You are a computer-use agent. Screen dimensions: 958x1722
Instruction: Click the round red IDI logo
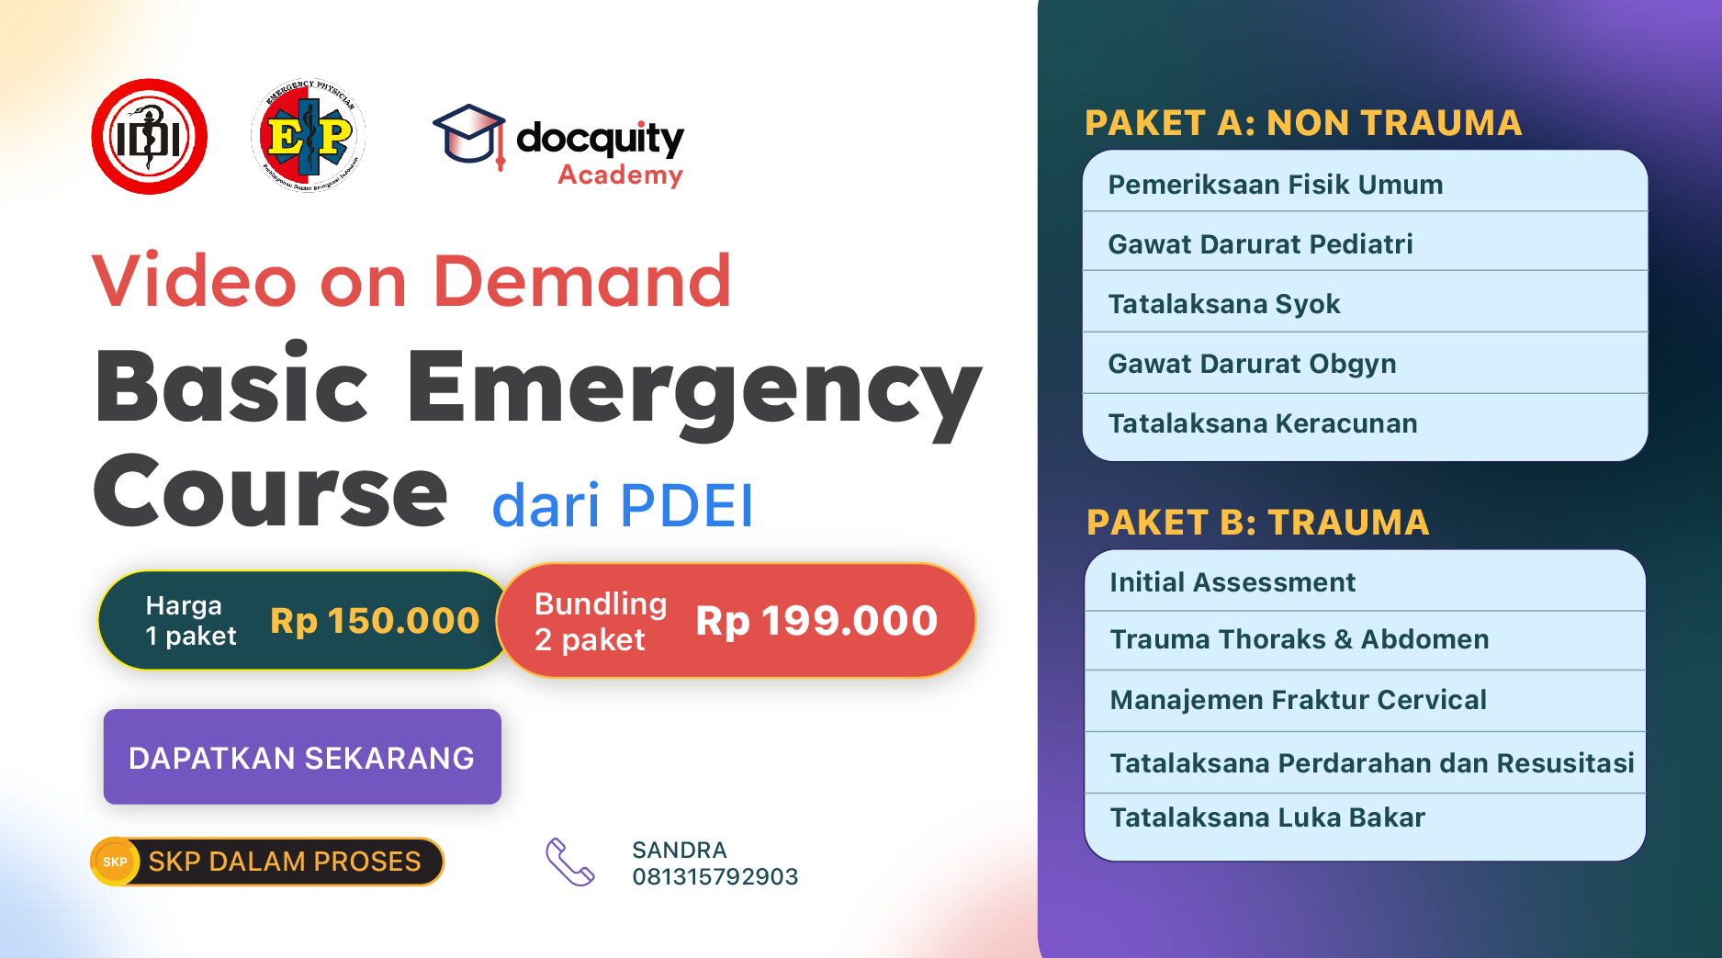[149, 137]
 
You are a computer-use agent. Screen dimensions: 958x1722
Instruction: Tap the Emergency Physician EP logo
[309, 136]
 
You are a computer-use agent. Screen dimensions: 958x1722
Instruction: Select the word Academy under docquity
[620, 175]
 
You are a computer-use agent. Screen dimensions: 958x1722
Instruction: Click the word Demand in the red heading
[581, 281]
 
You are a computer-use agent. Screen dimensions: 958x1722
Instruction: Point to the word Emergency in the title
[693, 388]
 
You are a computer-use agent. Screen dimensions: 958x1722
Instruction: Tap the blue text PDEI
[686, 505]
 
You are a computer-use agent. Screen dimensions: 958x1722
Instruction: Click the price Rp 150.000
[375, 621]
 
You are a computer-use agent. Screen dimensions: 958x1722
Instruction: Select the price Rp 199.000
[816, 621]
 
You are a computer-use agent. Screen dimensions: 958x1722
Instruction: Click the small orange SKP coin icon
[115, 862]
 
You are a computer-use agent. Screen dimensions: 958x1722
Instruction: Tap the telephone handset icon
[570, 862]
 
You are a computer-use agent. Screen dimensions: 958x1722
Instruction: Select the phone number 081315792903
[715, 876]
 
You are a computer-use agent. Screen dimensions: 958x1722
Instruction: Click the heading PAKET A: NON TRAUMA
[1303, 123]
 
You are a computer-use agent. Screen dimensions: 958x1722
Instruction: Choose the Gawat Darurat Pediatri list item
[1260, 244]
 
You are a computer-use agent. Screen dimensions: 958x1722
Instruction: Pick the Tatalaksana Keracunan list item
[1263, 423]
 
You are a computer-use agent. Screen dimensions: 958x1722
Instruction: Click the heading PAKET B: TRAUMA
[1257, 523]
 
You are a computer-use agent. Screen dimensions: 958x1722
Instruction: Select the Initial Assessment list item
[1232, 582]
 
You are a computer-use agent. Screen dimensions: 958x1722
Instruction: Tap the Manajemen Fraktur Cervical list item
[1298, 700]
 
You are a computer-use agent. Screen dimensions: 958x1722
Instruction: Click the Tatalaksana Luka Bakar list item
[1267, 817]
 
